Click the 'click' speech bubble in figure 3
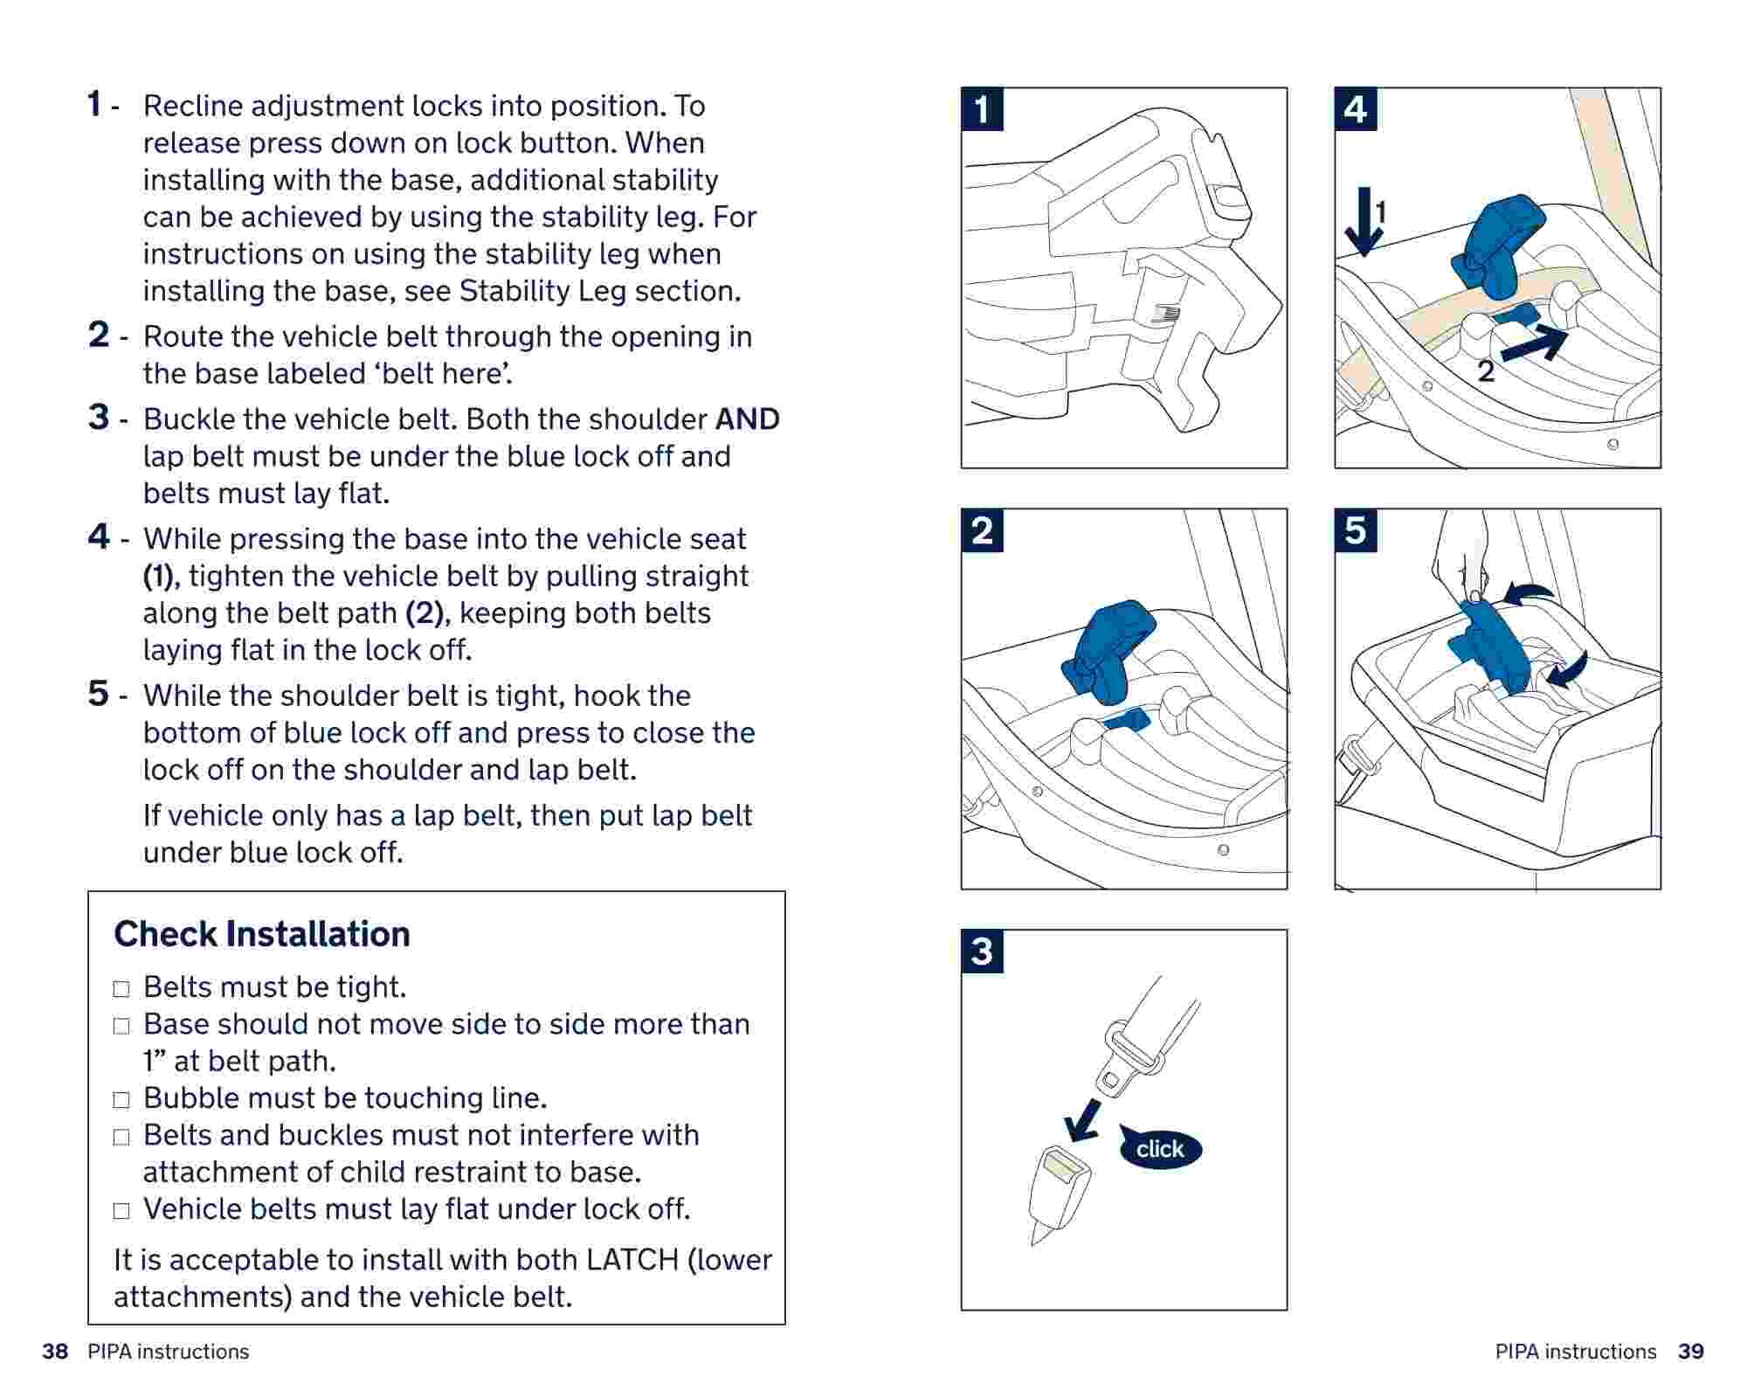pos(1160,1148)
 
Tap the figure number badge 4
pos(1356,109)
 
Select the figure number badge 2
pos(982,530)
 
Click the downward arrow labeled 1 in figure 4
pos(1362,223)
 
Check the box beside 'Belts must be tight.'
pos(121,989)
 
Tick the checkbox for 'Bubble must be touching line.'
pos(121,1100)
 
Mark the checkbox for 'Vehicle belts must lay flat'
pos(121,1211)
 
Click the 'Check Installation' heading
pos(261,934)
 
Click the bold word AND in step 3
pos(747,419)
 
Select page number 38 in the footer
pos(55,1352)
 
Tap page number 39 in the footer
pos(1690,1352)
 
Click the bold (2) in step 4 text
pos(425,613)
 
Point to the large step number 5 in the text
pos(99,694)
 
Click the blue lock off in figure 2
pos(1108,651)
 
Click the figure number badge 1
pos(982,109)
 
